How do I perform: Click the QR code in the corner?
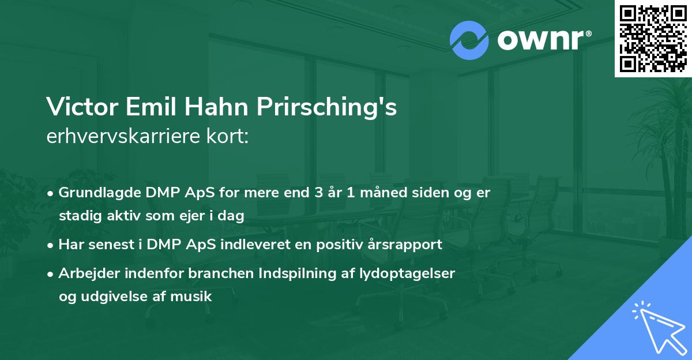(x=653, y=39)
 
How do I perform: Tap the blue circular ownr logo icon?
(x=469, y=40)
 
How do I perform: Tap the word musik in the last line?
(x=194, y=297)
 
